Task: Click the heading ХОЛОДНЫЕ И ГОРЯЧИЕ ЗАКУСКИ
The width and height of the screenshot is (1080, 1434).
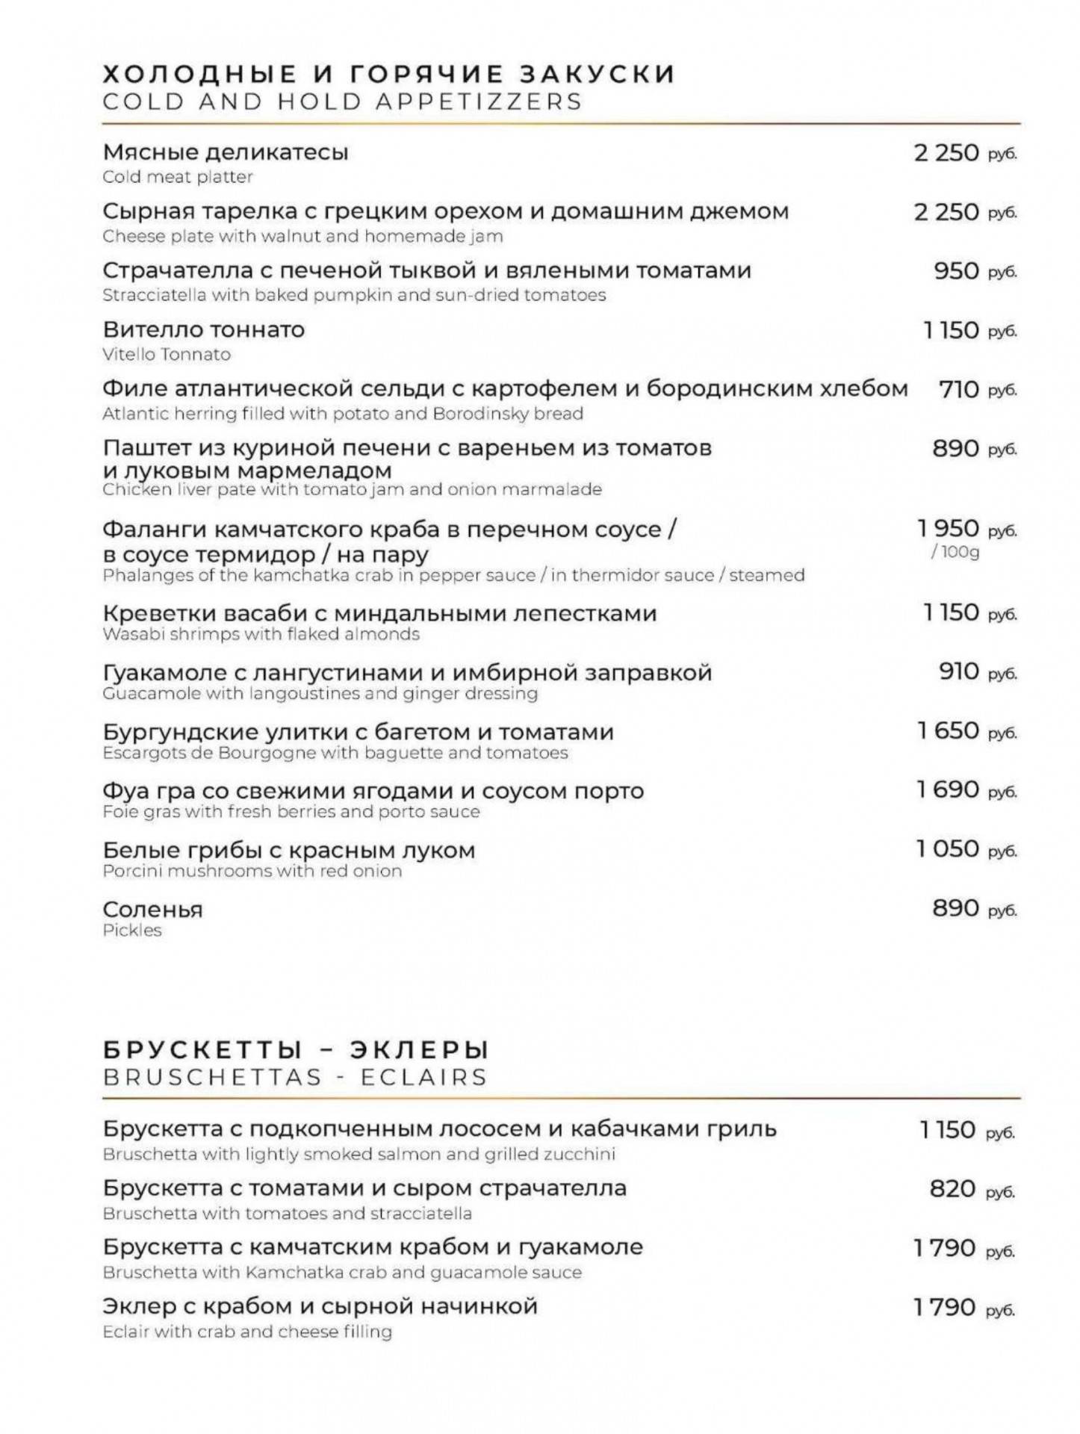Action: click(388, 74)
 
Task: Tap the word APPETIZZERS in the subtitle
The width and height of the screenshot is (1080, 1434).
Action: click(478, 102)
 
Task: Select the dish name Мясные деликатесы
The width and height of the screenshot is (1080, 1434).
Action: click(226, 152)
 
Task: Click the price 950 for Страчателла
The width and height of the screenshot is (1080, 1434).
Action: click(956, 270)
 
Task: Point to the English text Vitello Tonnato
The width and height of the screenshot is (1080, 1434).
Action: click(167, 354)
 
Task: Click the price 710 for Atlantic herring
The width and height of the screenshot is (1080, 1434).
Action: click(958, 389)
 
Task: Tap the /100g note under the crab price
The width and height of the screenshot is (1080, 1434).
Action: click(955, 552)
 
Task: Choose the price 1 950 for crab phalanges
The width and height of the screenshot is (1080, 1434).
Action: click(948, 529)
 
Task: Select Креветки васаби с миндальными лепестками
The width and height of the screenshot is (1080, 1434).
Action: click(379, 613)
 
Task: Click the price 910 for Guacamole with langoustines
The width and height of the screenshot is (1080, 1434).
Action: click(958, 671)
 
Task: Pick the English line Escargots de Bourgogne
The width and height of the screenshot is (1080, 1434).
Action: click(335, 753)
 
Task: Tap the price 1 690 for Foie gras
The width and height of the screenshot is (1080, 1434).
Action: click(948, 789)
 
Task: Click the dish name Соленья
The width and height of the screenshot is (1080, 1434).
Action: click(152, 910)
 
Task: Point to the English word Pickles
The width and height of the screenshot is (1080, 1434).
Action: click(132, 931)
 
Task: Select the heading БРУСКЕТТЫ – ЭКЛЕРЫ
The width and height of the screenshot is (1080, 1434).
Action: click(296, 1050)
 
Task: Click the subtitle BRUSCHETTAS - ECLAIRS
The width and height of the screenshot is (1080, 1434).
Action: click(295, 1078)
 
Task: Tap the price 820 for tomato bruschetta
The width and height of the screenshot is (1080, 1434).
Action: click(952, 1188)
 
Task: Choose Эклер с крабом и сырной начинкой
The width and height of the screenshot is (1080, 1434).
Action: click(320, 1306)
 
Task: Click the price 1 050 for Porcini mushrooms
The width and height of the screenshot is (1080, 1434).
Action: click(948, 849)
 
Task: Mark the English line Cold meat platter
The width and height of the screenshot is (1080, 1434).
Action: click(178, 177)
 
